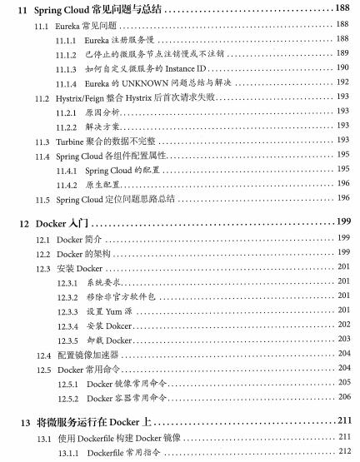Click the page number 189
coord(342,53)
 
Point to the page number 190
coord(342,67)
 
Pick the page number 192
coord(342,83)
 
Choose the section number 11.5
coord(42,200)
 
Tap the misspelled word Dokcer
coord(117,325)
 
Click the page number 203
coord(342,340)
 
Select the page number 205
coord(342,383)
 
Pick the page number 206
coord(342,398)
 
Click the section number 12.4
coord(42,355)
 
